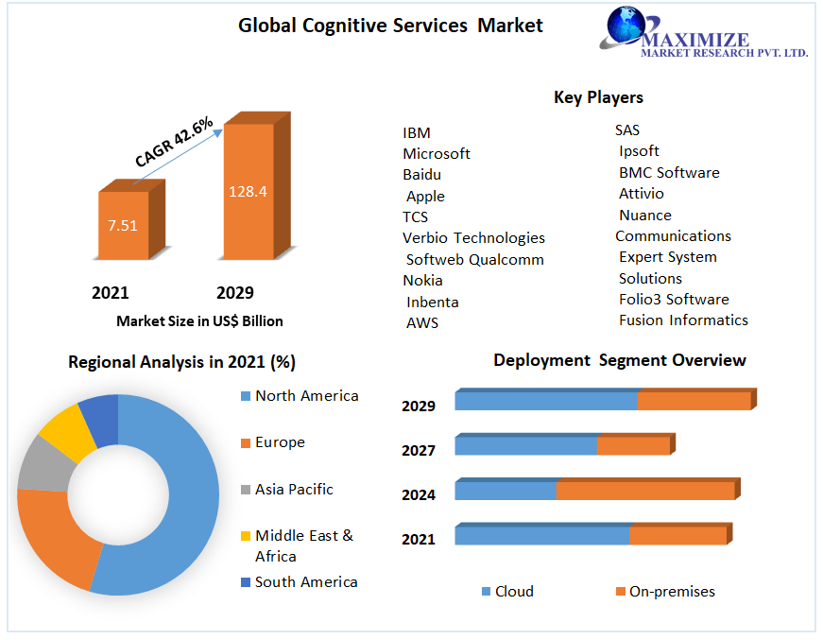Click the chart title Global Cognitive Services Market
point(390,26)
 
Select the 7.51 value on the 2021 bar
point(123,225)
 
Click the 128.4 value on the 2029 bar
point(248,191)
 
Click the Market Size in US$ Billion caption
point(199,321)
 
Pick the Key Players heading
point(598,97)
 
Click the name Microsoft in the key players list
point(436,153)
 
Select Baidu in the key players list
point(421,175)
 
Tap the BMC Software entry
point(669,173)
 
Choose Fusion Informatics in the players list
point(683,320)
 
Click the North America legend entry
point(306,396)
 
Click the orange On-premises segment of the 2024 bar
point(644,491)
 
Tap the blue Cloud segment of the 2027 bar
point(525,445)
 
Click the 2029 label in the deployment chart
point(418,406)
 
